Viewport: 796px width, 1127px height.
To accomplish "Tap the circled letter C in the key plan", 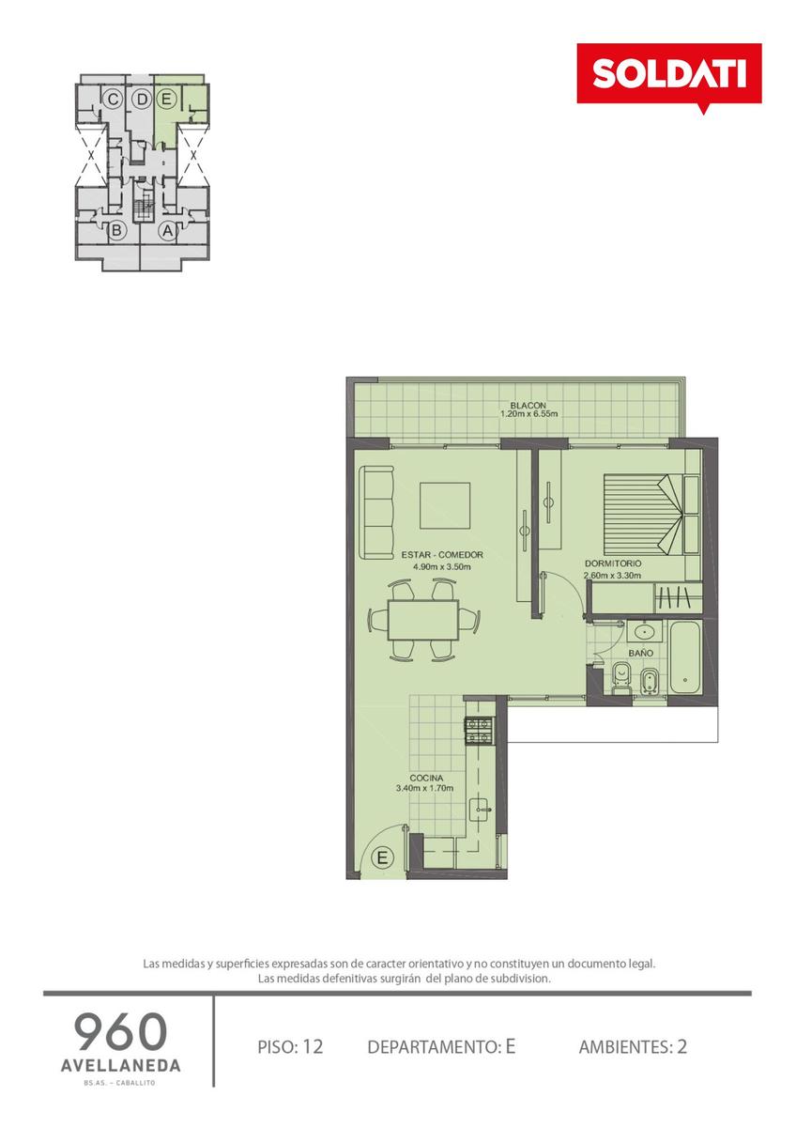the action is (113, 100).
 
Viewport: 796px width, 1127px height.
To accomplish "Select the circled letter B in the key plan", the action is (116, 231).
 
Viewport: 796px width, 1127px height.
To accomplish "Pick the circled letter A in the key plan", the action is (168, 231).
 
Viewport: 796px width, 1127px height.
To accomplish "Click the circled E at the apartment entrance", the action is (382, 857).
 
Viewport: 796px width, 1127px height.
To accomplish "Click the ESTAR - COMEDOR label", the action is (442, 555).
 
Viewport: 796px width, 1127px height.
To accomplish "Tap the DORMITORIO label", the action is (612, 563).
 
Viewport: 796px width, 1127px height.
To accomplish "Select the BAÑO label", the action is (640, 653).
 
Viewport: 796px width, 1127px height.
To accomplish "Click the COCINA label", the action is (426, 779).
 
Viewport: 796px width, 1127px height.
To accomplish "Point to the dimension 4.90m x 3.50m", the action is (442, 567).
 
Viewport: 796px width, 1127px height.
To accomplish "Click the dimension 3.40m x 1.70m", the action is (425, 788).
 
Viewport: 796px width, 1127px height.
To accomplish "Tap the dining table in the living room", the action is (423, 620).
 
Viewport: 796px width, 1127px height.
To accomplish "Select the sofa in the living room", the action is (376, 512).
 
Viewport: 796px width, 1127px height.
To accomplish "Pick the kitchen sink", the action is (482, 809).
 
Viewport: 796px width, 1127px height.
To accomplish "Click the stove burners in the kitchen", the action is (480, 731).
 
